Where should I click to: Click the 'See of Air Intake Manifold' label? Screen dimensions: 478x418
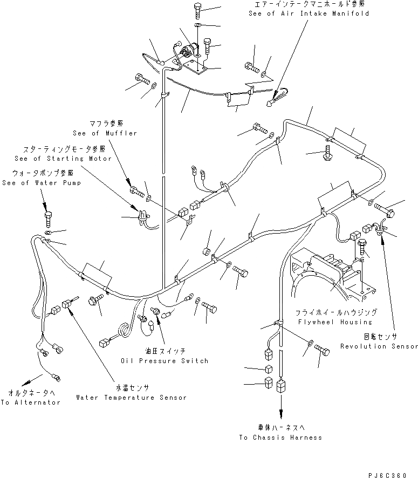(x=309, y=13)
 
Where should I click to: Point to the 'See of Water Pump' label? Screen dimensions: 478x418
(x=42, y=183)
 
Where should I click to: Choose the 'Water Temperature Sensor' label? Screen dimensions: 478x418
(x=131, y=397)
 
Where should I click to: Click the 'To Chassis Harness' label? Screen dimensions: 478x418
(x=281, y=437)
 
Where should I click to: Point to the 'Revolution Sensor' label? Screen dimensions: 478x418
(x=379, y=346)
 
